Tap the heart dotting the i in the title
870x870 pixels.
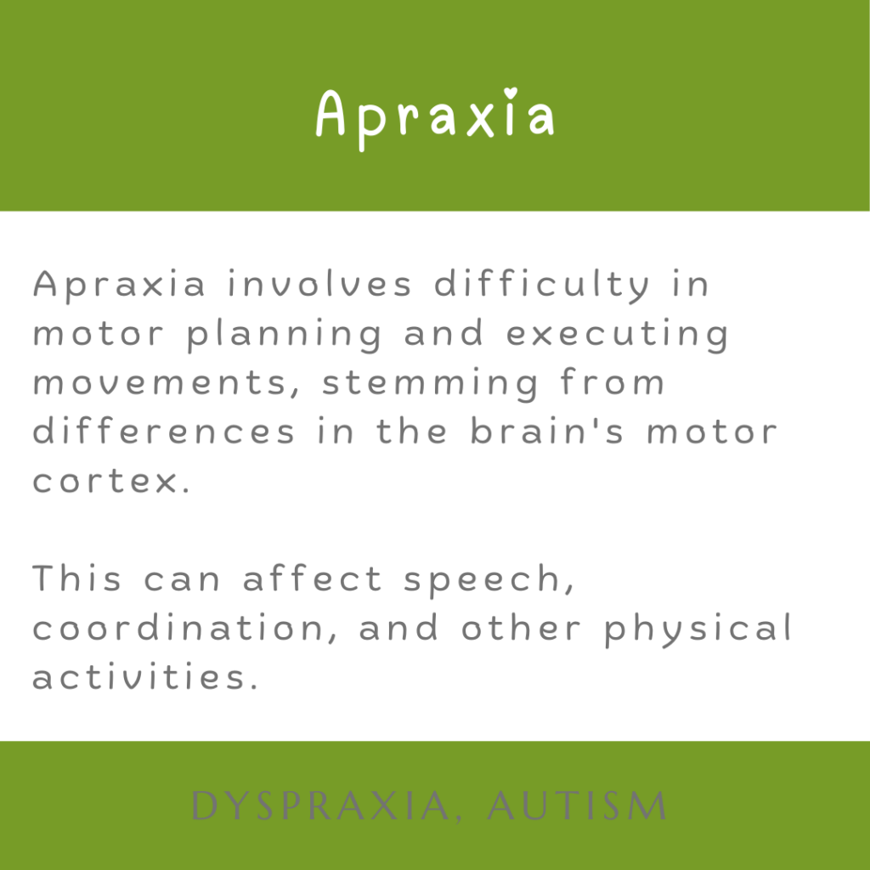(x=511, y=93)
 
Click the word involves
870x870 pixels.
(x=320, y=284)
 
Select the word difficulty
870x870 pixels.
(x=541, y=285)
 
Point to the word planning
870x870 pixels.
(x=284, y=335)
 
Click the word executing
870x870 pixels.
(x=618, y=335)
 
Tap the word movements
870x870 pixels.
(x=167, y=384)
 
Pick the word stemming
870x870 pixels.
(x=430, y=384)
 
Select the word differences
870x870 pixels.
(x=164, y=431)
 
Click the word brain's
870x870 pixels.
(x=547, y=431)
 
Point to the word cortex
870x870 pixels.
(x=111, y=481)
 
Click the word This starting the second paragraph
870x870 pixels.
(x=76, y=577)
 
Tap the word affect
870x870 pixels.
(x=313, y=577)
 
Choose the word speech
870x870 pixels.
(x=489, y=580)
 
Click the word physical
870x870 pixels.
(x=698, y=630)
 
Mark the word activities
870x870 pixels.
(x=145, y=675)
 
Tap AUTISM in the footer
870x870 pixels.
(x=577, y=805)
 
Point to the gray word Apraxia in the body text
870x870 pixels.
(x=119, y=285)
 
